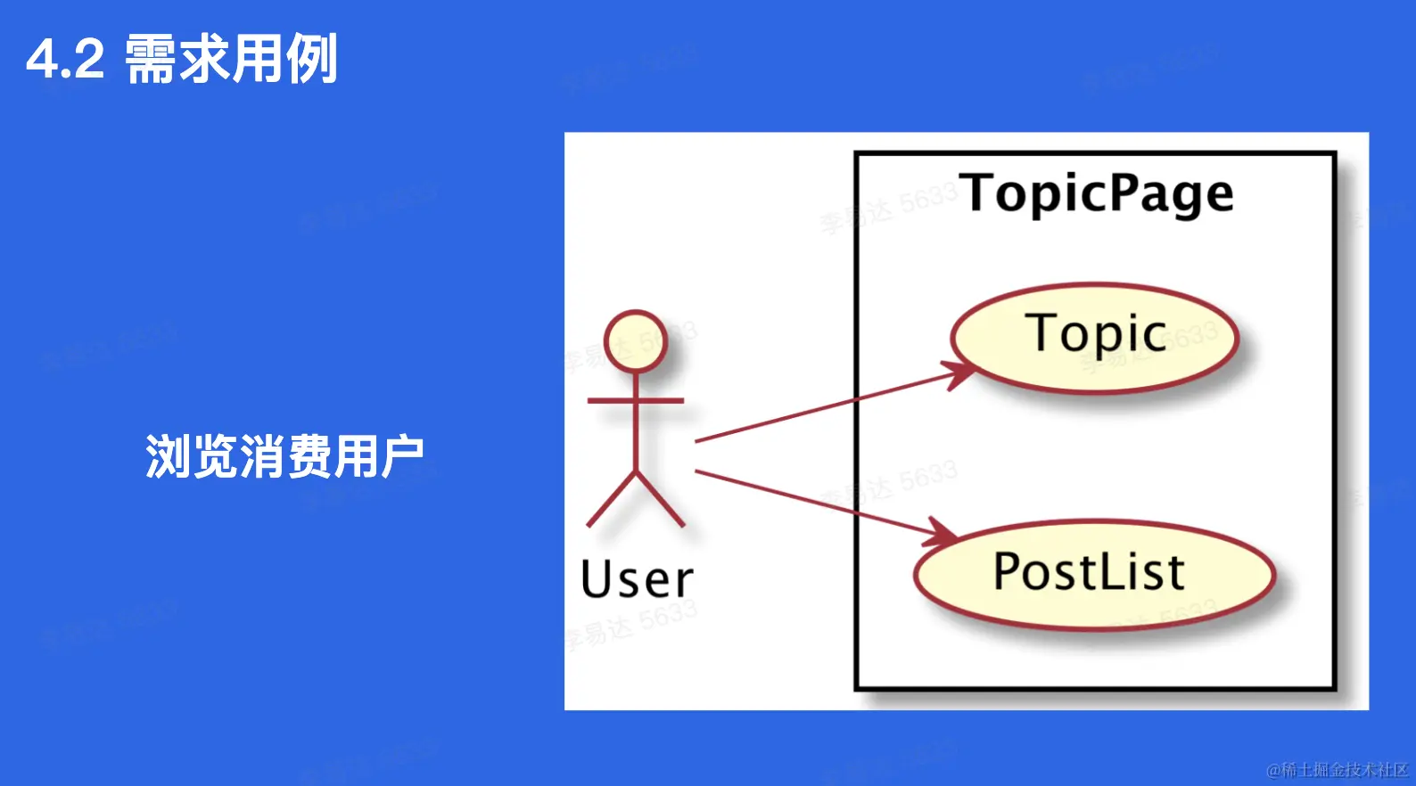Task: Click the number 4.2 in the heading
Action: [x=65, y=60]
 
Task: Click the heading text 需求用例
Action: [x=231, y=60]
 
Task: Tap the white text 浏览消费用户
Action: [x=284, y=456]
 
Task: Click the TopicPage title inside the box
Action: [x=1097, y=193]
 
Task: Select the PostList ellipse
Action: [x=1093, y=574]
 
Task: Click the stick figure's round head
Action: [x=636, y=341]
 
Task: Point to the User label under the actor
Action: [x=637, y=579]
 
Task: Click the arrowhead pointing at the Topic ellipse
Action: [x=961, y=373]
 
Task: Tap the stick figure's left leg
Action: [x=611, y=500]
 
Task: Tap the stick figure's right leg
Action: [x=661, y=500]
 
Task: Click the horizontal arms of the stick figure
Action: [x=636, y=401]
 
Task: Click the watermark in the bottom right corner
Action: [x=1337, y=769]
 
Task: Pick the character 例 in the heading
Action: [x=310, y=60]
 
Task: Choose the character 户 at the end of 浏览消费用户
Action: [x=400, y=456]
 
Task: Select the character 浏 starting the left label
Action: [x=167, y=456]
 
